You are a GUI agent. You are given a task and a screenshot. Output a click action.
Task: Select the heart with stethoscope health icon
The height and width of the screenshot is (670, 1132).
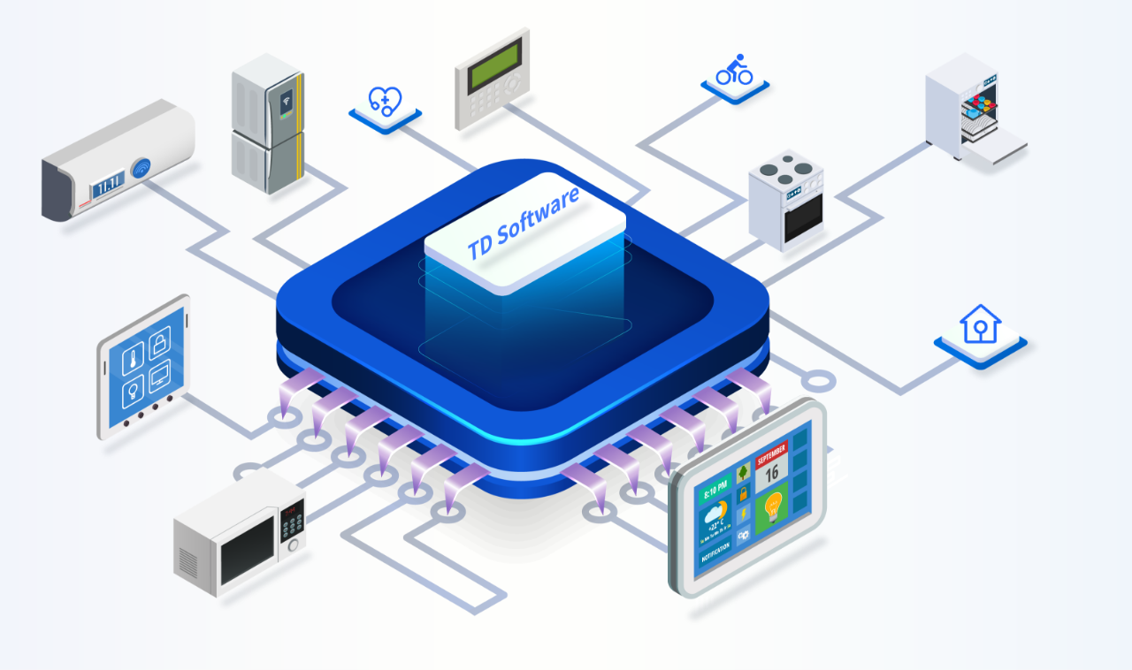(x=385, y=101)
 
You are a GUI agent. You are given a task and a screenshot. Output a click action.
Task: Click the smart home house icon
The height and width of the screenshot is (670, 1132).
(x=979, y=324)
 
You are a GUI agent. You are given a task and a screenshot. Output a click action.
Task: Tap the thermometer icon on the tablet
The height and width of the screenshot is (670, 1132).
(x=133, y=361)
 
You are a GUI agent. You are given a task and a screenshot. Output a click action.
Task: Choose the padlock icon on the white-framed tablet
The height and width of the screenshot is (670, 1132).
(x=160, y=343)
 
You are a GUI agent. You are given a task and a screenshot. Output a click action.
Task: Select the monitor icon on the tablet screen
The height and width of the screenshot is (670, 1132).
(x=160, y=378)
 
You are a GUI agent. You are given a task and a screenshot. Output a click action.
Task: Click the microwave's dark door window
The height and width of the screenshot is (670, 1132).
(x=247, y=549)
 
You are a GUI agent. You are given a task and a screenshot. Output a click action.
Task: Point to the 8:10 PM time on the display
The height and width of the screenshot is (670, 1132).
(x=714, y=486)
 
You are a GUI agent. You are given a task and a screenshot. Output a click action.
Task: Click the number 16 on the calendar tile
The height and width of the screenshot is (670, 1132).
(x=771, y=472)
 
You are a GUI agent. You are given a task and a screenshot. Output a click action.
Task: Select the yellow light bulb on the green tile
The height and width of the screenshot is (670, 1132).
(x=772, y=507)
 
